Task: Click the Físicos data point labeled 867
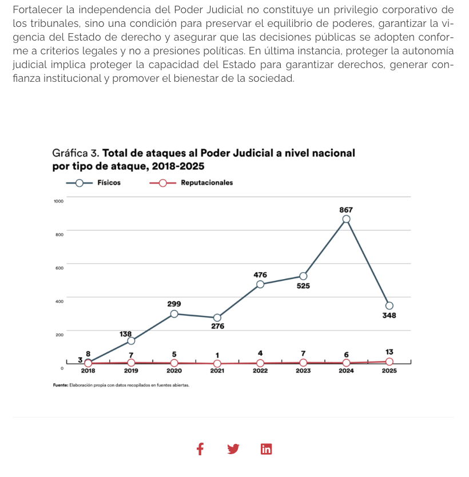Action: click(346, 219)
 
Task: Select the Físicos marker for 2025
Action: click(389, 305)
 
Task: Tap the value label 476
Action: click(260, 275)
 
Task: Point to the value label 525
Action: click(303, 286)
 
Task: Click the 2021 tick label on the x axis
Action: click(217, 371)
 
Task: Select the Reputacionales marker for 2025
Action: click(389, 361)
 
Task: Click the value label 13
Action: click(389, 352)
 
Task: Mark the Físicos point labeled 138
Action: click(131, 341)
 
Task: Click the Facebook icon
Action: click(200, 449)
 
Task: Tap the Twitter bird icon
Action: click(233, 449)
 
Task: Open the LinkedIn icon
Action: click(266, 449)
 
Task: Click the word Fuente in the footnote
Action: click(60, 385)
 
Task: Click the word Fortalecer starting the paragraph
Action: click(37, 11)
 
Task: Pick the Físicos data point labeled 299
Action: click(174, 314)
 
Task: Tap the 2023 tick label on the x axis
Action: click(303, 371)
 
